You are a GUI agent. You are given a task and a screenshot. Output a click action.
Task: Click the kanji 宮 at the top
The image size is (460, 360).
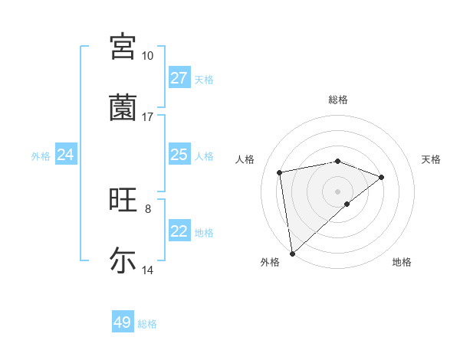click(x=123, y=46)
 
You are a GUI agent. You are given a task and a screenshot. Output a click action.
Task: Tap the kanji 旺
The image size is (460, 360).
click(x=123, y=201)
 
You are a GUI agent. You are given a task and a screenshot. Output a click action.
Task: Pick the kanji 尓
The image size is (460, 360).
click(x=123, y=260)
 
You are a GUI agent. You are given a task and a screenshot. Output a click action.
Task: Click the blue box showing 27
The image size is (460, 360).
click(x=179, y=78)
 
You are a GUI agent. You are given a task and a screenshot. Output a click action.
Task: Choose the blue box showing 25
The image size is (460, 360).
click(x=179, y=155)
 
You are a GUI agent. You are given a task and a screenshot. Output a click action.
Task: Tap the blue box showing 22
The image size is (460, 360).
click(x=179, y=231)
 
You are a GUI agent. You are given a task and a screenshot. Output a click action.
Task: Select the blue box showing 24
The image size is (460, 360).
click(x=65, y=155)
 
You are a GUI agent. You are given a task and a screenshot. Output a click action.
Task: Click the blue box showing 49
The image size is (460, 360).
click(x=123, y=322)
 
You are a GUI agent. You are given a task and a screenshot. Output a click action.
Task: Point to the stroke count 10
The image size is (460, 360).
click(x=147, y=56)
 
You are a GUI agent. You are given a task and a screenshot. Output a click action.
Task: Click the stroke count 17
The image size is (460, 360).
click(x=147, y=117)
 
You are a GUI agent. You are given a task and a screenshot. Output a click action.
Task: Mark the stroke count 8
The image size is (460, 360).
click(x=148, y=208)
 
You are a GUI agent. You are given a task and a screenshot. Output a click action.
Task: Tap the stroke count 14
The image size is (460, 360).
click(x=148, y=270)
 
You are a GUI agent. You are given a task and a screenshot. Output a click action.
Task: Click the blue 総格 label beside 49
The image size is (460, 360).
click(x=147, y=324)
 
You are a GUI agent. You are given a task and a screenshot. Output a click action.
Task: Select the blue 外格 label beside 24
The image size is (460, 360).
click(x=41, y=156)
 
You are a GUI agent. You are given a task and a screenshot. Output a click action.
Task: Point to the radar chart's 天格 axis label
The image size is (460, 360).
click(x=431, y=159)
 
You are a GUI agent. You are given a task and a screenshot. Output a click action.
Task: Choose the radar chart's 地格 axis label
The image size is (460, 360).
click(x=402, y=263)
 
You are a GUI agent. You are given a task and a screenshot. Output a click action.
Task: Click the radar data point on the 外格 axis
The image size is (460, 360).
click(x=292, y=253)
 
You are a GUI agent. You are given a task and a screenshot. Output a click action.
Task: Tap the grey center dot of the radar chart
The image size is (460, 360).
click(x=338, y=191)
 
